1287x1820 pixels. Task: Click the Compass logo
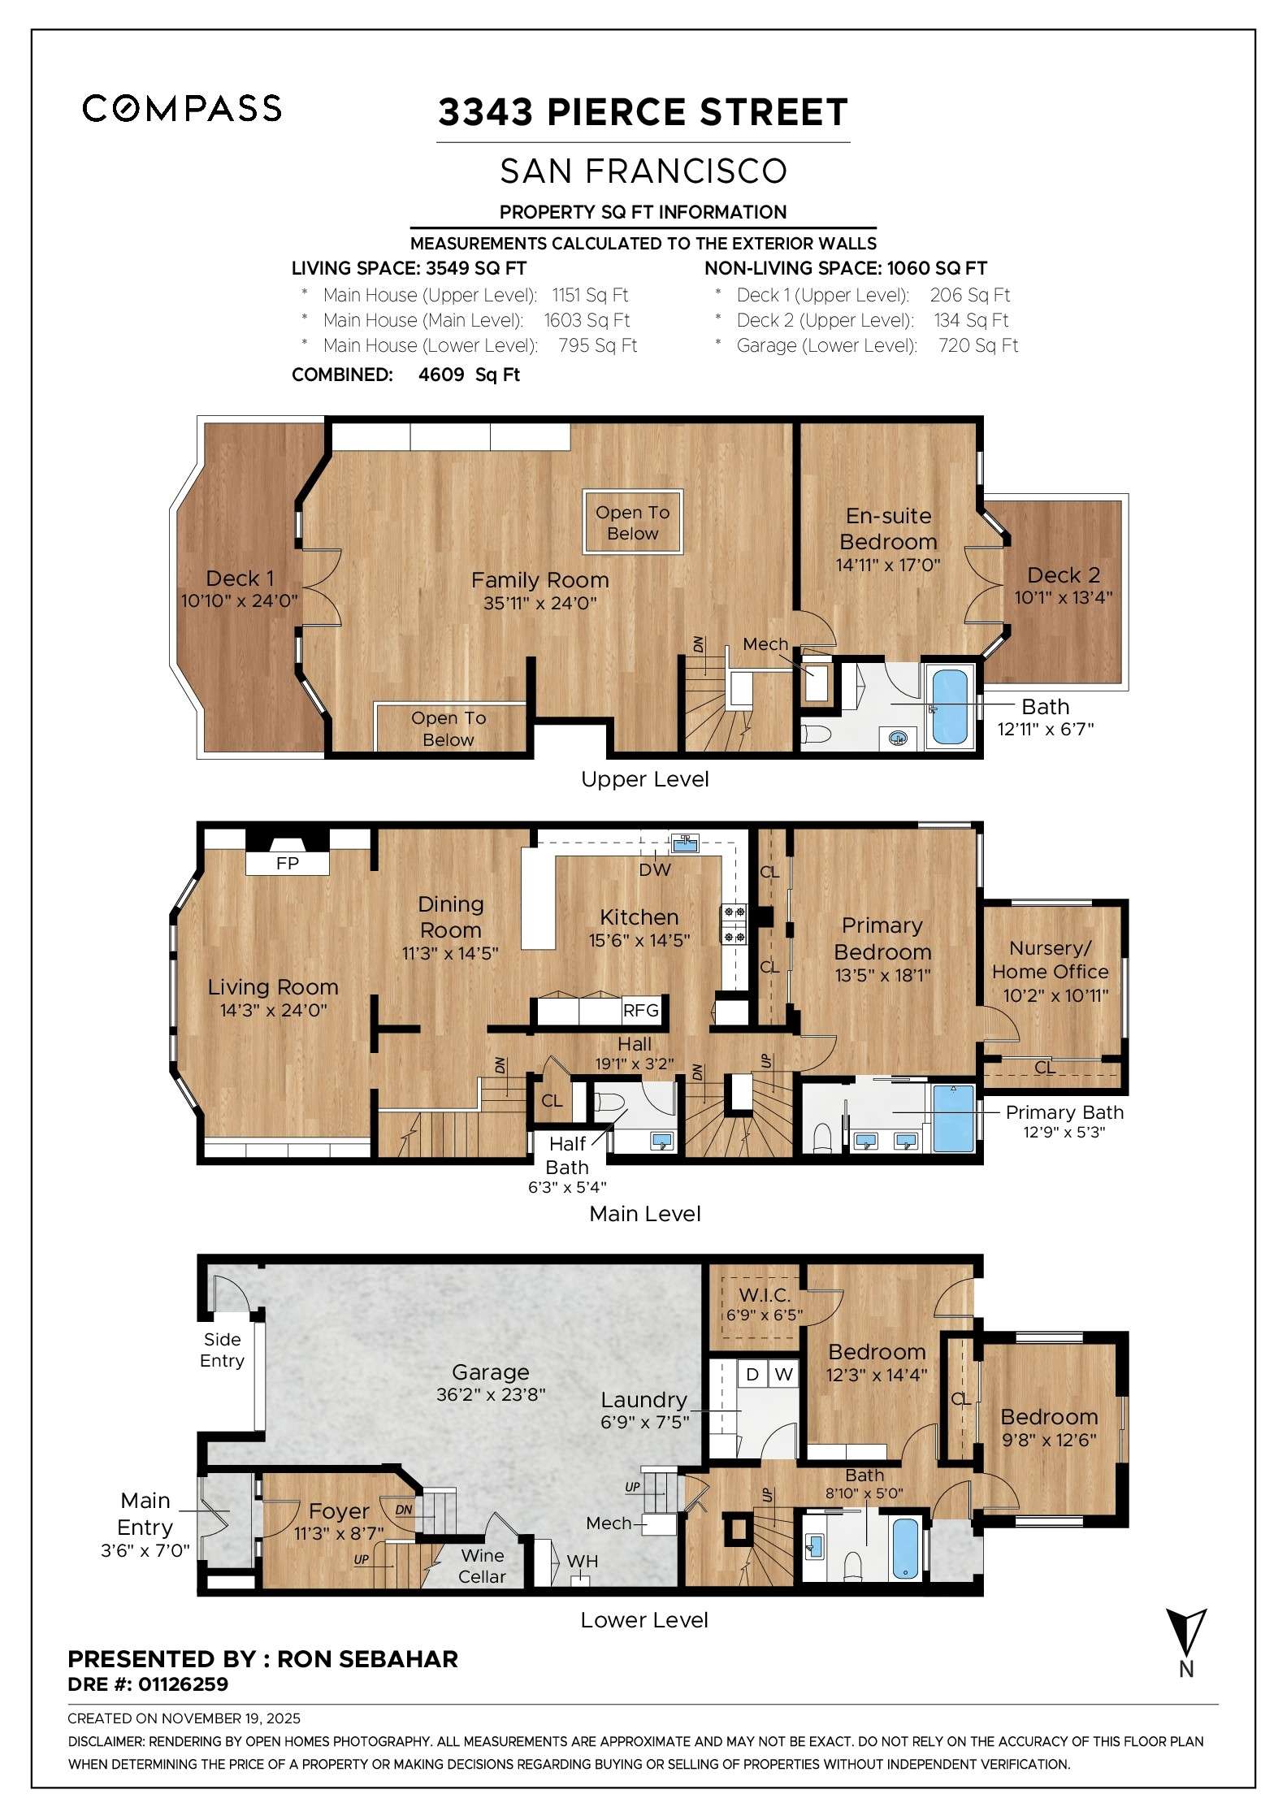(x=182, y=108)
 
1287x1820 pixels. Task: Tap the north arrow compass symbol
(x=1185, y=1633)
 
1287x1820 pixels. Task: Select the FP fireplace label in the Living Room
(x=288, y=863)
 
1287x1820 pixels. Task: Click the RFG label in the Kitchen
(x=640, y=1010)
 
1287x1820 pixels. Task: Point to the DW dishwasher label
(x=655, y=869)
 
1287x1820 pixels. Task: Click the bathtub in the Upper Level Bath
(x=950, y=706)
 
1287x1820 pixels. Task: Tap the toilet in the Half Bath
(x=609, y=1103)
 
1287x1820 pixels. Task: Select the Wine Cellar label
(x=482, y=1566)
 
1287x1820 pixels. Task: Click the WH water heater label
(x=582, y=1561)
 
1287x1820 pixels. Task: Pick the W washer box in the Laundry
(x=783, y=1374)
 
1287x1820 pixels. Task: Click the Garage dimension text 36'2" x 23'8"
(x=491, y=1394)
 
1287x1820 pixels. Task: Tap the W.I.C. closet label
(x=764, y=1294)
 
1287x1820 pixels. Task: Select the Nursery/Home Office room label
(x=1050, y=960)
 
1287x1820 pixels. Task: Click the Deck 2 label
(x=1063, y=575)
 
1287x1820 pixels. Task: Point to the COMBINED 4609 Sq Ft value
(x=469, y=375)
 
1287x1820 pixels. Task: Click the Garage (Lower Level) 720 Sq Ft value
(x=977, y=345)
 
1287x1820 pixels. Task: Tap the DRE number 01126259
(x=183, y=1684)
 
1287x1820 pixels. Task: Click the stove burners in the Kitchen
(x=734, y=924)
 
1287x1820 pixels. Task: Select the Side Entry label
(x=222, y=1350)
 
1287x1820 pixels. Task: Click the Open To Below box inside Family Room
(x=632, y=522)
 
